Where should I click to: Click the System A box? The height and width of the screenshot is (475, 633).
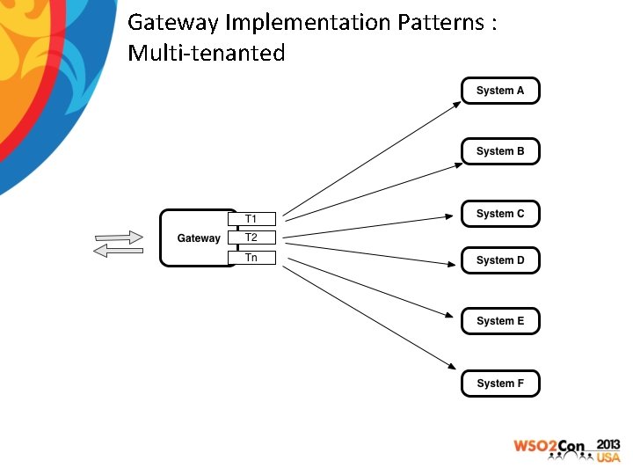pos(500,91)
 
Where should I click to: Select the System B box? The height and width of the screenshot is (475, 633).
pos(500,151)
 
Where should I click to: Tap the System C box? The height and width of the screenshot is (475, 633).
pos(500,214)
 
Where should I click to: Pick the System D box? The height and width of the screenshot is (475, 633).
pos(500,260)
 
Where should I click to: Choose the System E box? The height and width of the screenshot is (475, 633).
pos(500,321)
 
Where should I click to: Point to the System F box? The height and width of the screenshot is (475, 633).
pos(500,384)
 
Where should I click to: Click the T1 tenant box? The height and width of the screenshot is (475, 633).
pos(251,219)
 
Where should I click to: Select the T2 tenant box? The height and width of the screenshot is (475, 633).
pos(251,237)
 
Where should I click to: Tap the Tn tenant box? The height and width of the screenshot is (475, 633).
pos(251,258)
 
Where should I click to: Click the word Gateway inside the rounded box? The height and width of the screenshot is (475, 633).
pos(199,238)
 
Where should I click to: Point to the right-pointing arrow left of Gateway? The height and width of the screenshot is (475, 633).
pos(119,237)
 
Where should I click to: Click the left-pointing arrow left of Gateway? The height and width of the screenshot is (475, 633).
pos(118,252)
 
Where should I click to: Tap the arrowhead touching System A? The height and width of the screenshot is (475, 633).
pos(455,103)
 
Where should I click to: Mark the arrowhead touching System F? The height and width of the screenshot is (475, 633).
pos(455,369)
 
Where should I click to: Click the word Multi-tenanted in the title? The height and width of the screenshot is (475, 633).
pos(207,53)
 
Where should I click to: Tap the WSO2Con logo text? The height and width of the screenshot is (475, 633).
pos(549,446)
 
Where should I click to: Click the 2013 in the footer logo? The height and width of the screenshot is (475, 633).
pos(608,444)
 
